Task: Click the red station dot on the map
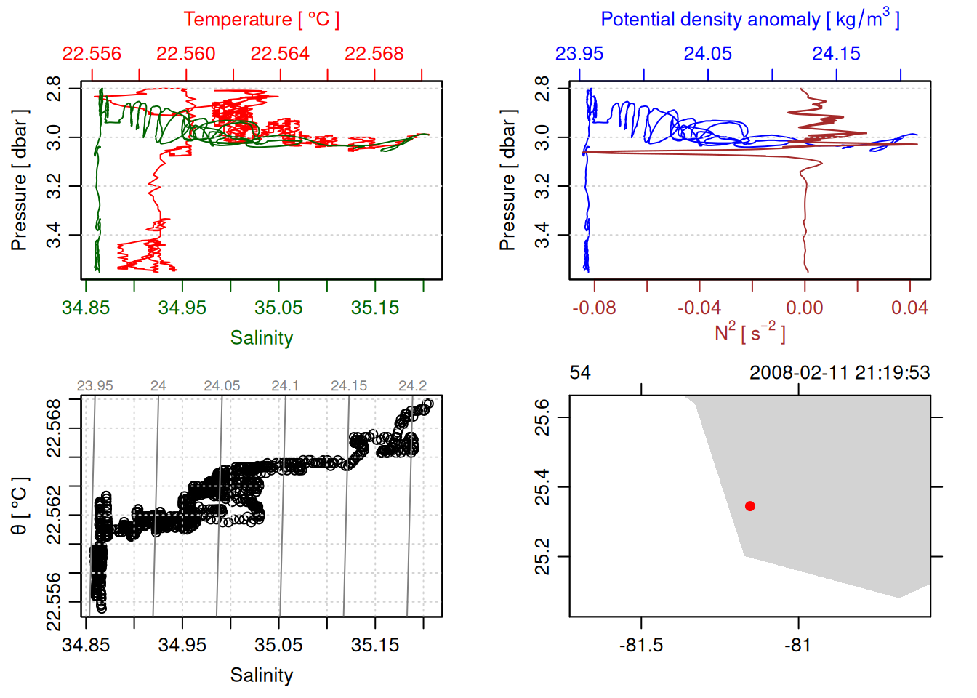(750, 506)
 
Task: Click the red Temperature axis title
(262, 20)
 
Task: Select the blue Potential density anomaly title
(749, 20)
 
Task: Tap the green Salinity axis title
(262, 338)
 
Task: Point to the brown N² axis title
(749, 333)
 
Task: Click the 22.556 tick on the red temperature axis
(92, 55)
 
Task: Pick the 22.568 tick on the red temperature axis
(374, 55)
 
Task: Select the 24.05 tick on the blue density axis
(708, 55)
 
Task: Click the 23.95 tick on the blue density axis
(579, 55)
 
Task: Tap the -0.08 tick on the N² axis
(594, 308)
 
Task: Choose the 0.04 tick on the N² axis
(909, 308)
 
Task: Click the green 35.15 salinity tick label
(375, 308)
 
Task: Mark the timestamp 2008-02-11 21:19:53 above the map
(840, 373)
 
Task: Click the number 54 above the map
(580, 373)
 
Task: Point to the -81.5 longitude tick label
(641, 646)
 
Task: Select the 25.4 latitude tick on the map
(542, 487)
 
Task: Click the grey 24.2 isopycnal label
(412, 386)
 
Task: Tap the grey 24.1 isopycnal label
(285, 386)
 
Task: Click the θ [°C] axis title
(20, 506)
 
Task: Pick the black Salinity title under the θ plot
(262, 675)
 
